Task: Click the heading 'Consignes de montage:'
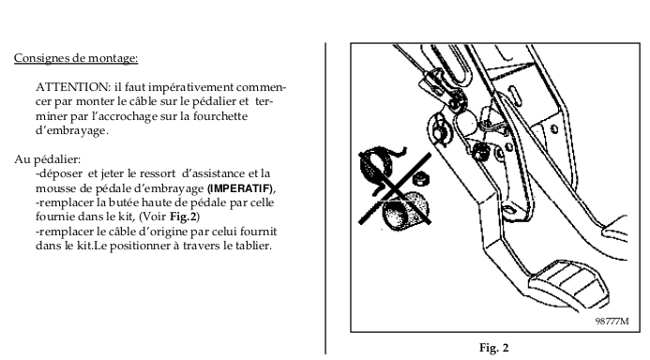pyautogui.click(x=76, y=58)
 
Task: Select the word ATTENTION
pyautogui.click(x=73, y=87)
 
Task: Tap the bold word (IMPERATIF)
pyautogui.click(x=240, y=189)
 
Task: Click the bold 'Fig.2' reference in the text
pyautogui.click(x=184, y=217)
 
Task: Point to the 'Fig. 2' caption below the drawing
pyautogui.click(x=493, y=348)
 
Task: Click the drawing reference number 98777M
pyautogui.click(x=612, y=321)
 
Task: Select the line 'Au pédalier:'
pyautogui.click(x=48, y=160)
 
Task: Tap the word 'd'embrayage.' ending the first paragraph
pyautogui.click(x=71, y=130)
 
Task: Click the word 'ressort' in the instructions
pyautogui.click(x=158, y=173)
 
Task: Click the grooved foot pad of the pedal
pyautogui.click(x=569, y=284)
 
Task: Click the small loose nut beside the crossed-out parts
pyautogui.click(x=421, y=178)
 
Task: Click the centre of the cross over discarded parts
pyautogui.click(x=396, y=189)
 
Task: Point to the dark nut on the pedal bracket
pyautogui.click(x=481, y=151)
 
